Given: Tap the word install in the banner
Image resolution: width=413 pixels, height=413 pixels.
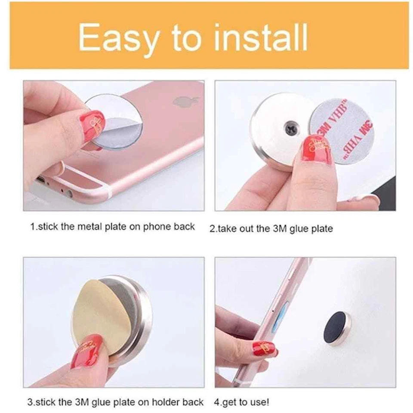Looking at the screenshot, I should click(261, 37).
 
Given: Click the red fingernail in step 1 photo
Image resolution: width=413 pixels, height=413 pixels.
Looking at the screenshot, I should click(94, 125).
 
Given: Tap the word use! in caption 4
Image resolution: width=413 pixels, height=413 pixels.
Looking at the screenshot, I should click(259, 402).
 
